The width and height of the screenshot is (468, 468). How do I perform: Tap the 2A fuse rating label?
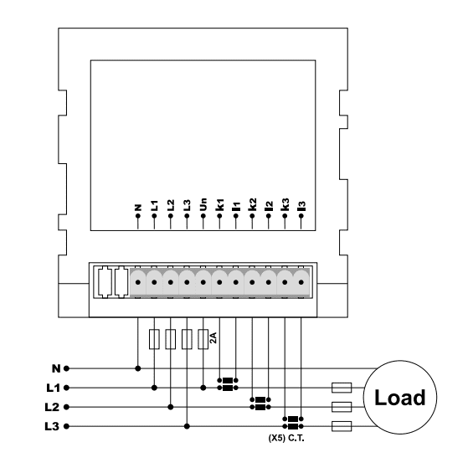pyautogui.click(x=213, y=338)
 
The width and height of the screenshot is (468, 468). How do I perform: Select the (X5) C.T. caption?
pyautogui.click(x=286, y=439)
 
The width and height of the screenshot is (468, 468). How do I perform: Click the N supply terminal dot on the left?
pyautogui.click(x=67, y=368)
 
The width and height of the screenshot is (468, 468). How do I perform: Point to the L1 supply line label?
pyautogui.click(x=54, y=388)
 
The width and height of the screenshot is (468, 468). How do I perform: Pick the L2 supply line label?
pyautogui.click(x=52, y=407)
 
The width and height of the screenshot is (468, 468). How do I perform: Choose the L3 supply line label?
pyautogui.click(x=52, y=426)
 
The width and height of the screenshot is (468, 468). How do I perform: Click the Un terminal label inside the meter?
pyautogui.click(x=203, y=205)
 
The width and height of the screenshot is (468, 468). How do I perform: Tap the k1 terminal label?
pyautogui.click(x=219, y=205)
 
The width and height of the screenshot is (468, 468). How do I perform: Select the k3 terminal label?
pyautogui.click(x=285, y=205)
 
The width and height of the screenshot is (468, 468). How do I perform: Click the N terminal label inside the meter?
pyautogui.click(x=138, y=208)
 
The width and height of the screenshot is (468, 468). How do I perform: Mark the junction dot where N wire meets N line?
pyautogui.click(x=138, y=368)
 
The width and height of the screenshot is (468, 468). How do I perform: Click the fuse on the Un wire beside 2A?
pyautogui.click(x=203, y=339)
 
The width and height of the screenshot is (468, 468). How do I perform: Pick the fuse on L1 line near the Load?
pyautogui.click(x=342, y=388)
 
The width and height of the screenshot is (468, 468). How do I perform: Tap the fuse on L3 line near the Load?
pyautogui.click(x=342, y=426)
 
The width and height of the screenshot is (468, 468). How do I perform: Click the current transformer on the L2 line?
pyautogui.click(x=260, y=404)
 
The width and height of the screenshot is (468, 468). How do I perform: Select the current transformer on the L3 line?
pyautogui.click(x=293, y=423)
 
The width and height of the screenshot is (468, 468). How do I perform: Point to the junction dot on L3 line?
pyautogui.click(x=187, y=426)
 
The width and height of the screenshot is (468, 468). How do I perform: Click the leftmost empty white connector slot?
pyautogui.click(x=105, y=282)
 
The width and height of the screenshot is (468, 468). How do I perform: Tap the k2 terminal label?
pyautogui.click(x=252, y=205)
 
